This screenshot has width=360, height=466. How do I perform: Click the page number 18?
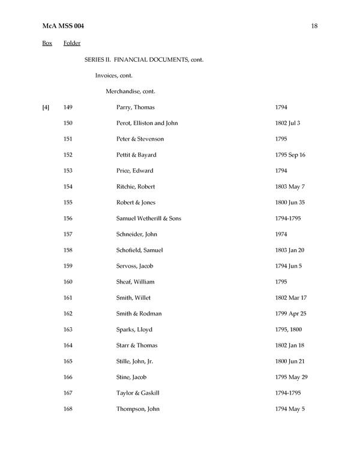click(314, 26)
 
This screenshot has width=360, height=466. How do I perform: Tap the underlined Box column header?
click(47, 43)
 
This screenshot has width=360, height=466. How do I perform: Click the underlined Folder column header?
click(71, 43)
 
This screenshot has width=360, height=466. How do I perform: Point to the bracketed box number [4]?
click(46, 107)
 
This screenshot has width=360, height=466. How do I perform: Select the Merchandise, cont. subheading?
click(131, 91)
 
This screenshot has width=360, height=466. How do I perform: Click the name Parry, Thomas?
click(136, 107)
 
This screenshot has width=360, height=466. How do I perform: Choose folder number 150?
click(68, 123)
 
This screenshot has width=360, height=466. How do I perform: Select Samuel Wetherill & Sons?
click(148, 218)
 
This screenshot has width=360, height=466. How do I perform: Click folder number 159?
click(68, 266)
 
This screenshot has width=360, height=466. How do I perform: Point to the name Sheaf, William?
click(136, 282)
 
